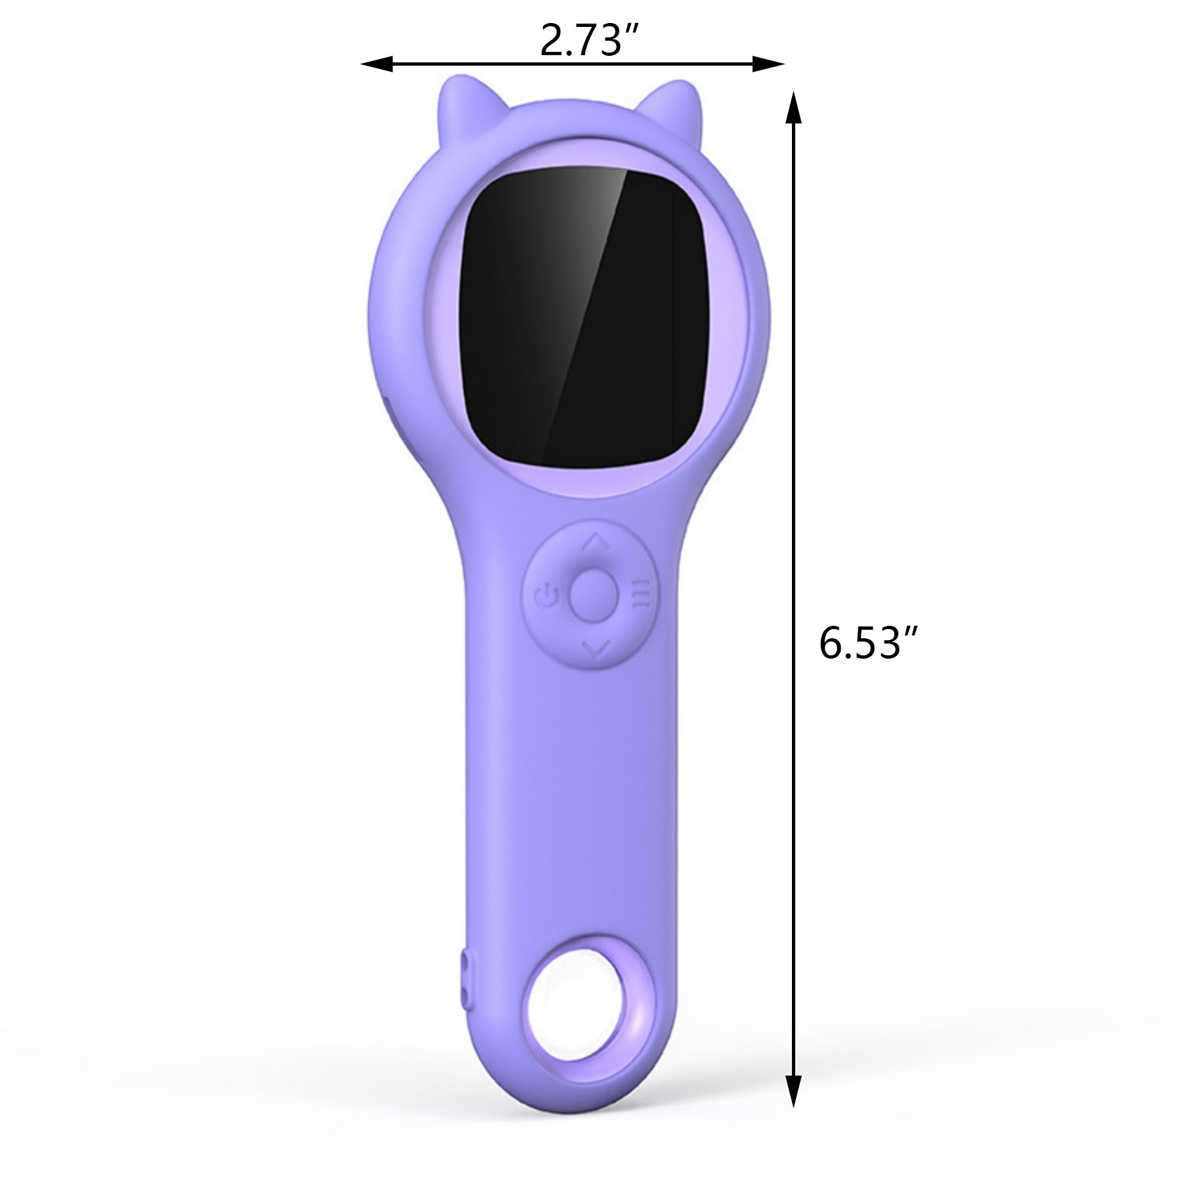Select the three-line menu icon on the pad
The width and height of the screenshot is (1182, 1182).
640,592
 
